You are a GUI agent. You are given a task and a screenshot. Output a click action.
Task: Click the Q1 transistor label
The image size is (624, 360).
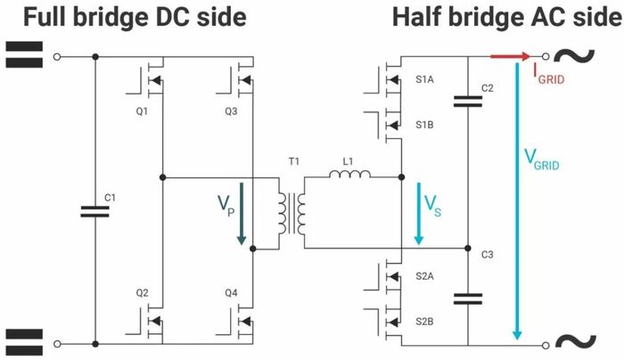[x=140, y=112]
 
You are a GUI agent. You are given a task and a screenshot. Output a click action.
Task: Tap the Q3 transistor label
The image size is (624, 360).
[x=230, y=112]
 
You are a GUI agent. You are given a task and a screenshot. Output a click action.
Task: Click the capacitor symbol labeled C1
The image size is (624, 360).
[x=94, y=211]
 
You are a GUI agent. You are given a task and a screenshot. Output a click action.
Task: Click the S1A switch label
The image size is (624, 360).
[x=425, y=79]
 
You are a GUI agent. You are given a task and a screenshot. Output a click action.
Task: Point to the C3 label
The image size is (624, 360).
[x=487, y=256]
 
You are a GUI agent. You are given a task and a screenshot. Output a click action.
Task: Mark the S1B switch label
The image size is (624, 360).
[x=425, y=126]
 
